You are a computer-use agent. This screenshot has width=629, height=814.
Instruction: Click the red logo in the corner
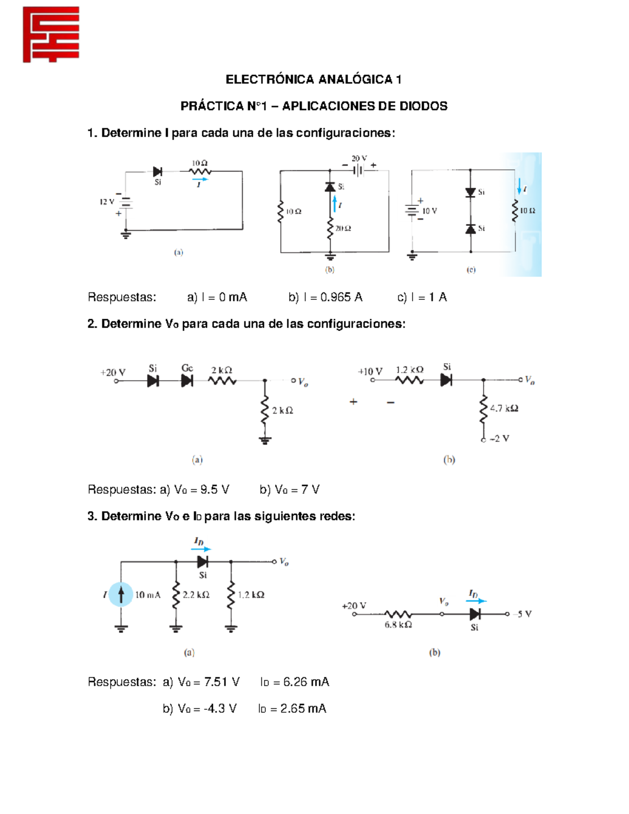[x=51, y=35]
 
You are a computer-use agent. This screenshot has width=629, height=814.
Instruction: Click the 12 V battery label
[x=106, y=202]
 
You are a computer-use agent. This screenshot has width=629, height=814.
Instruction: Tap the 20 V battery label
[x=359, y=158]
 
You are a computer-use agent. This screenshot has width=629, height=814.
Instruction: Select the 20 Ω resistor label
[x=343, y=229]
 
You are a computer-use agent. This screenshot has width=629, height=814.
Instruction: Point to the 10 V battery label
[x=429, y=211]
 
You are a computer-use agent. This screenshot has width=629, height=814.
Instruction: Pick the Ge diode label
[x=187, y=368]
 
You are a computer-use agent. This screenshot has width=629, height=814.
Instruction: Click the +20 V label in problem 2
[x=113, y=373]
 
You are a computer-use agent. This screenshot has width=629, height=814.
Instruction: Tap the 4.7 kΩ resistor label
[x=504, y=408]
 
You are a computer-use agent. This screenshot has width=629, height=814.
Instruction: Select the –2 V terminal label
[x=499, y=439]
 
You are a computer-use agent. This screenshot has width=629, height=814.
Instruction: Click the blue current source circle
[x=121, y=594]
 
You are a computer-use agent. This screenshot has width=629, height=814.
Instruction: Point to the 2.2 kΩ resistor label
[x=196, y=595]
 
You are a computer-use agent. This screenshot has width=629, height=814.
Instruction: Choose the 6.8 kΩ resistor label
[x=398, y=625]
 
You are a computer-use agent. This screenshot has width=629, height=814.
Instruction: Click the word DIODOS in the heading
[x=424, y=106]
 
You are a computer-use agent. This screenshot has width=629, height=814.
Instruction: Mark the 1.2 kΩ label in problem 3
[x=251, y=595]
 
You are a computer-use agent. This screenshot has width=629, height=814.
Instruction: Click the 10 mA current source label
[x=148, y=595]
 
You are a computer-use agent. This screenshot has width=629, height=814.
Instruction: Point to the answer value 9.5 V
[x=214, y=490]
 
